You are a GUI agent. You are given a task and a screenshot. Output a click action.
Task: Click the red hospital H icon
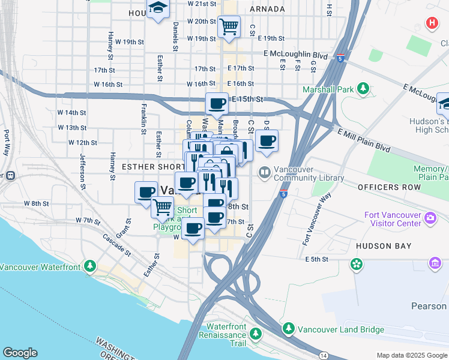(x=431, y=23)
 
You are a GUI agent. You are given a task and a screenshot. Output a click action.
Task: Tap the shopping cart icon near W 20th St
(x=229, y=26)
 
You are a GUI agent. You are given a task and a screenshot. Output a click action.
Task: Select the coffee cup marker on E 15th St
(x=217, y=104)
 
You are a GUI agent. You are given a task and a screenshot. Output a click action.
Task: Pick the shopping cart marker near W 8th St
(x=162, y=207)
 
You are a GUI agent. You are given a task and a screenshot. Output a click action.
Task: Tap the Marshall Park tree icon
(x=363, y=89)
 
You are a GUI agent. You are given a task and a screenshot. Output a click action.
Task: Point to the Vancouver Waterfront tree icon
(x=89, y=265)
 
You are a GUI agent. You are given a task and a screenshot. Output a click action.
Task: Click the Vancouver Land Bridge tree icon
(x=289, y=328)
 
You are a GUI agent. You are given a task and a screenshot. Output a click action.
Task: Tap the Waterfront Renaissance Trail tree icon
(x=256, y=332)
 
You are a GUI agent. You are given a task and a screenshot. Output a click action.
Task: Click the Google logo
(x=20, y=353)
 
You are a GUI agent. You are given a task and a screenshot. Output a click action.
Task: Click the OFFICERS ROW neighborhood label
(x=383, y=187)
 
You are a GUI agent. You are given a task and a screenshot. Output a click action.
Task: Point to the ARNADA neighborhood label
(x=267, y=9)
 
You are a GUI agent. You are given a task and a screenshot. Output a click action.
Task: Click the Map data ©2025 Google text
(x=411, y=355)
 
